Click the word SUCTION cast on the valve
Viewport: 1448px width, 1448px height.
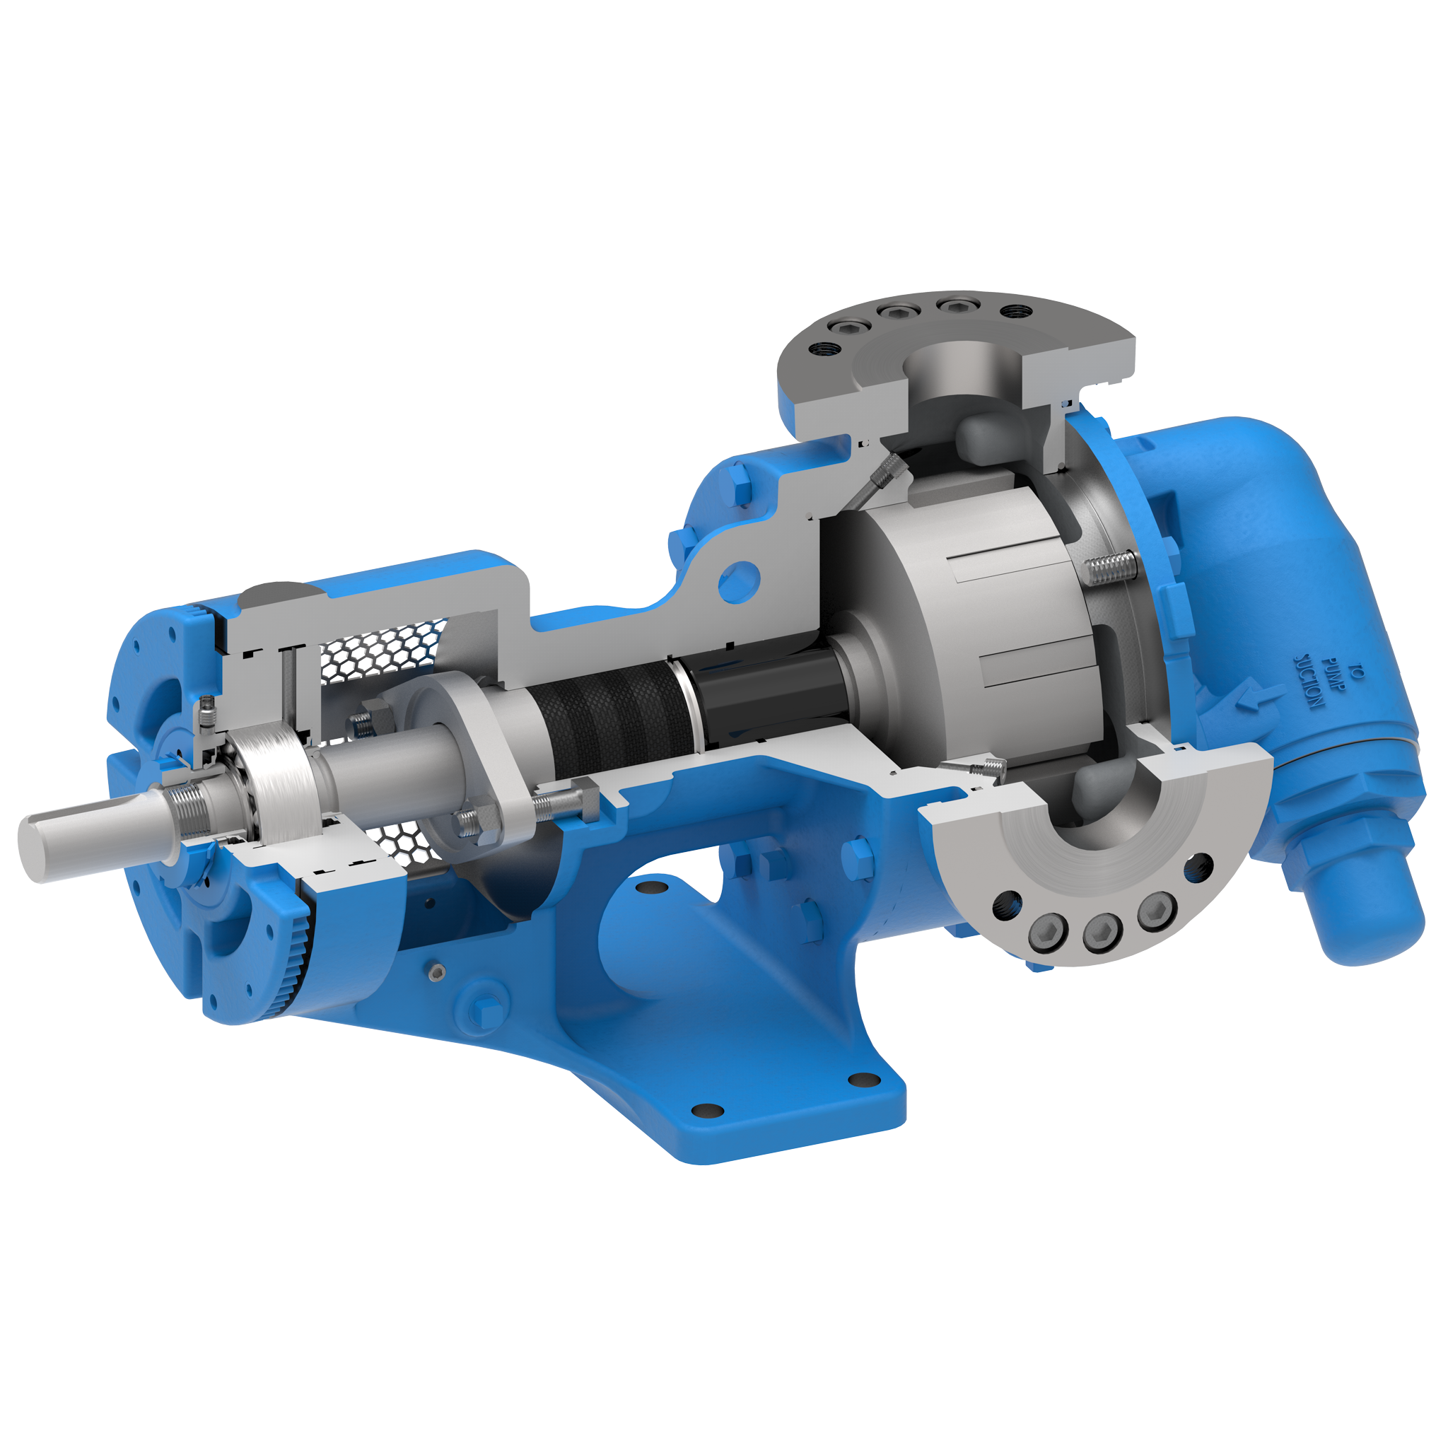click(x=1309, y=682)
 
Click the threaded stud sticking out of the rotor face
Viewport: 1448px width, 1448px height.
click(x=1109, y=569)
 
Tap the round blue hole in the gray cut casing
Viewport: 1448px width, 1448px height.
click(x=738, y=583)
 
